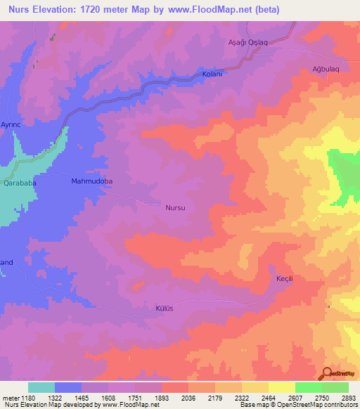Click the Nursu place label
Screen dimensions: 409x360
click(x=175, y=209)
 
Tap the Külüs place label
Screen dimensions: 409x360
click(x=164, y=308)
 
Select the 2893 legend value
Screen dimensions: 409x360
click(x=349, y=396)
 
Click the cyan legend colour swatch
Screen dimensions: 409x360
click(x=41, y=387)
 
